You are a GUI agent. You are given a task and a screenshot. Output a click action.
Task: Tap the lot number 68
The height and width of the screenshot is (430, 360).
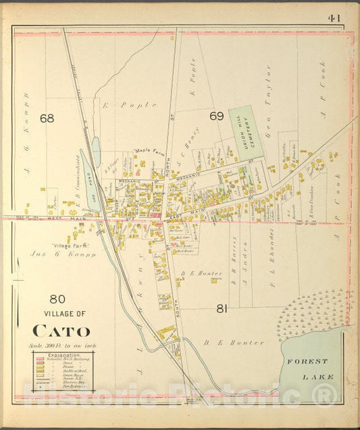47,118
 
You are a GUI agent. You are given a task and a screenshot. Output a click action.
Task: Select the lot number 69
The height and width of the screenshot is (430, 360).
216,116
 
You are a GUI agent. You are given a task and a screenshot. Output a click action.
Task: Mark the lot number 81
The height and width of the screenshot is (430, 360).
220,309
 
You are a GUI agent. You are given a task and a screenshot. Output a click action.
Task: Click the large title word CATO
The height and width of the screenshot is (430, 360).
61,331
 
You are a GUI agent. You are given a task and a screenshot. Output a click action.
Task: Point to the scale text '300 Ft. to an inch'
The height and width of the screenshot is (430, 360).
65,345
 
